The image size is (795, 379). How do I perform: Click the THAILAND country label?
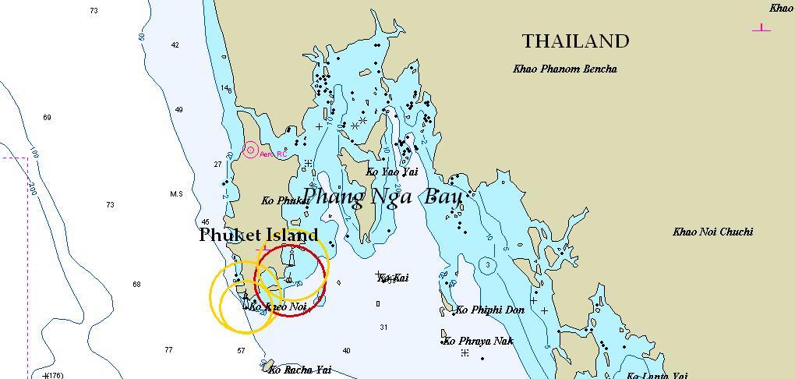(575, 41)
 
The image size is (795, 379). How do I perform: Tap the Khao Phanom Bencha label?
(565, 69)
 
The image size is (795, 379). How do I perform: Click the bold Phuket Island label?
(259, 235)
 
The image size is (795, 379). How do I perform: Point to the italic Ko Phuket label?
(285, 200)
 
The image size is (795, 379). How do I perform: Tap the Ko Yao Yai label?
(392, 172)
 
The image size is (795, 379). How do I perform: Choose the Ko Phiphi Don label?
(489, 310)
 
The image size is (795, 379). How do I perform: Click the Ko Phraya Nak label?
(479, 342)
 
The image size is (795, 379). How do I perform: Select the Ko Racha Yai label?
(299, 370)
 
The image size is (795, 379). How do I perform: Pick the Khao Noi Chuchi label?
(712, 232)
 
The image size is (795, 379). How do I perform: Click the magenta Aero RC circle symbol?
(250, 150)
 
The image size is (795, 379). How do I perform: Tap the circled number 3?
(488, 265)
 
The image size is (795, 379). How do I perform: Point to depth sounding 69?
(47, 118)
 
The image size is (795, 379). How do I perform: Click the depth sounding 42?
(175, 45)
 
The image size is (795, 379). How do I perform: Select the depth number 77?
(168, 350)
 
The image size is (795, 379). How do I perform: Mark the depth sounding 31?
(383, 328)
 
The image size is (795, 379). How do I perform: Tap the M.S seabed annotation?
(176, 194)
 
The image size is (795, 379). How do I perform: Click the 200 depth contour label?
(32, 189)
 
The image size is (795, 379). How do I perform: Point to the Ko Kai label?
(393, 278)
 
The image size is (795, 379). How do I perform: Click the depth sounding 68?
(136, 285)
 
